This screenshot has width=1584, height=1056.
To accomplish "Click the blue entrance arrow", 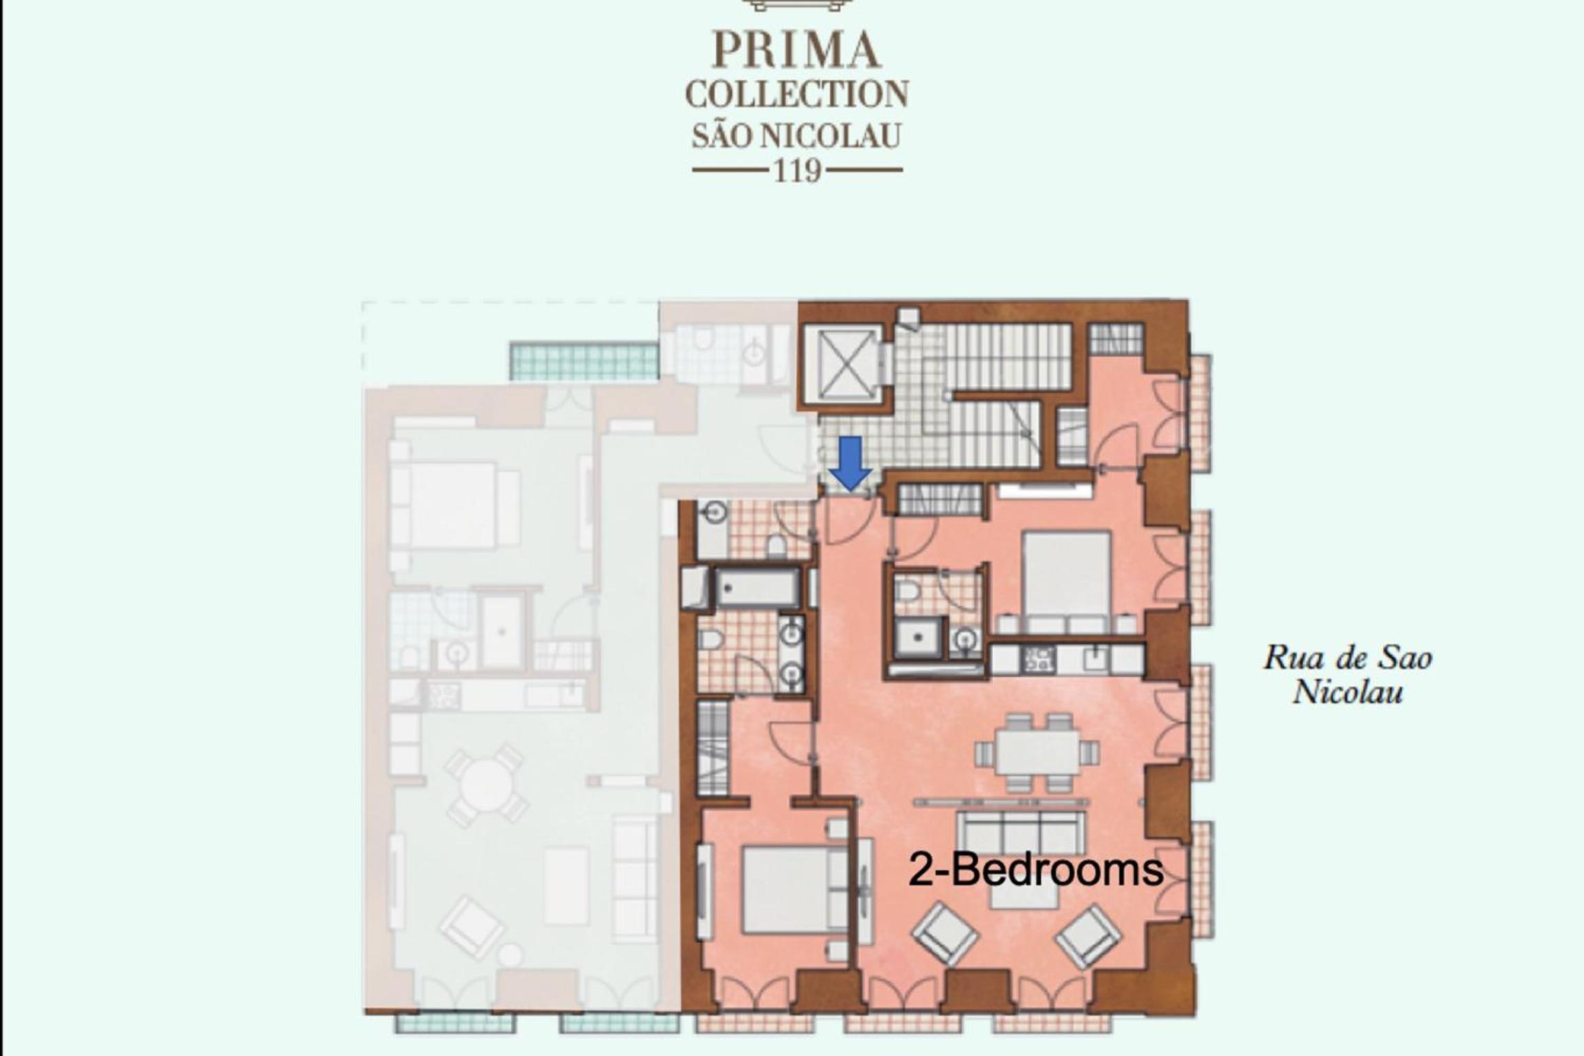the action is click(x=850, y=463).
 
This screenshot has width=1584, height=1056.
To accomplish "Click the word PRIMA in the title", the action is click(x=797, y=50).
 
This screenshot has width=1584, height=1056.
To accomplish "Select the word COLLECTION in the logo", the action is click(x=797, y=94).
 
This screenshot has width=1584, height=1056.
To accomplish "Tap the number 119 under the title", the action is click(x=797, y=170).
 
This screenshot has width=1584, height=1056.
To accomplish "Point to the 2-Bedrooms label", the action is click(x=1036, y=870).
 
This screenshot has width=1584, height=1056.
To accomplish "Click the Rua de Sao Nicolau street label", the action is click(x=1347, y=674).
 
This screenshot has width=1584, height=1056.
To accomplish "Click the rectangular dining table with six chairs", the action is click(x=1037, y=752).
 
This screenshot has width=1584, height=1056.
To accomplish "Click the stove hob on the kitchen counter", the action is click(x=1039, y=659).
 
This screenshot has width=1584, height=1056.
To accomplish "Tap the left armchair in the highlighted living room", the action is click(x=945, y=935).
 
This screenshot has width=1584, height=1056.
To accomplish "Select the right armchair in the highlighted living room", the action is click(x=1089, y=935).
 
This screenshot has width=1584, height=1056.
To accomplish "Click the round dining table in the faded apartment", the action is click(x=486, y=784).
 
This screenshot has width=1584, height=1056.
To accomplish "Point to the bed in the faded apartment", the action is click(x=454, y=505).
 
